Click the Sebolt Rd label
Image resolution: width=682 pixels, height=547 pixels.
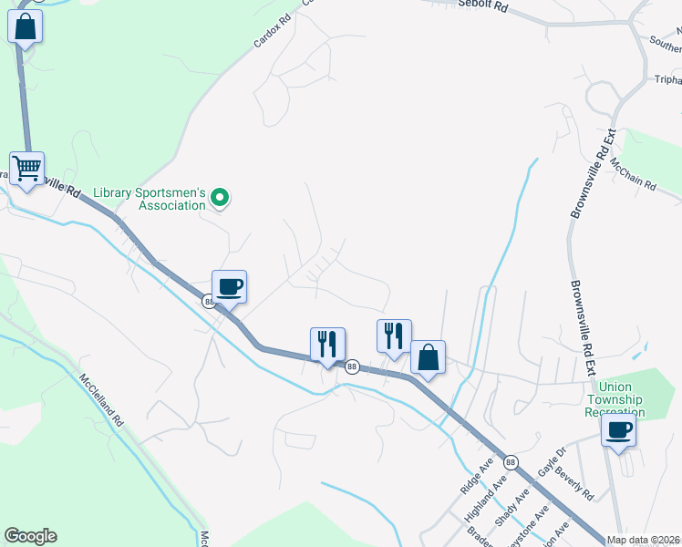click(483, 5)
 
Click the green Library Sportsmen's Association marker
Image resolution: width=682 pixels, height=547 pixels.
click(220, 197)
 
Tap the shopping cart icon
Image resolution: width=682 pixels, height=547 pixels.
click(27, 168)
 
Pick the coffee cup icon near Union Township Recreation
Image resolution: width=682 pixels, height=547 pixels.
click(619, 430)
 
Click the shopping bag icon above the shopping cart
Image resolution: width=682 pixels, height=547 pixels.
click(25, 26)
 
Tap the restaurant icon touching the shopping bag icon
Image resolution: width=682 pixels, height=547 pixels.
click(394, 336)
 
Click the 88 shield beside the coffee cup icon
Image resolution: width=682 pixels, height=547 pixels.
click(209, 302)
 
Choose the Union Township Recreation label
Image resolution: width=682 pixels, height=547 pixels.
click(615, 399)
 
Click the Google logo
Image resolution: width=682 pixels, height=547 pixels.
click(30, 536)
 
